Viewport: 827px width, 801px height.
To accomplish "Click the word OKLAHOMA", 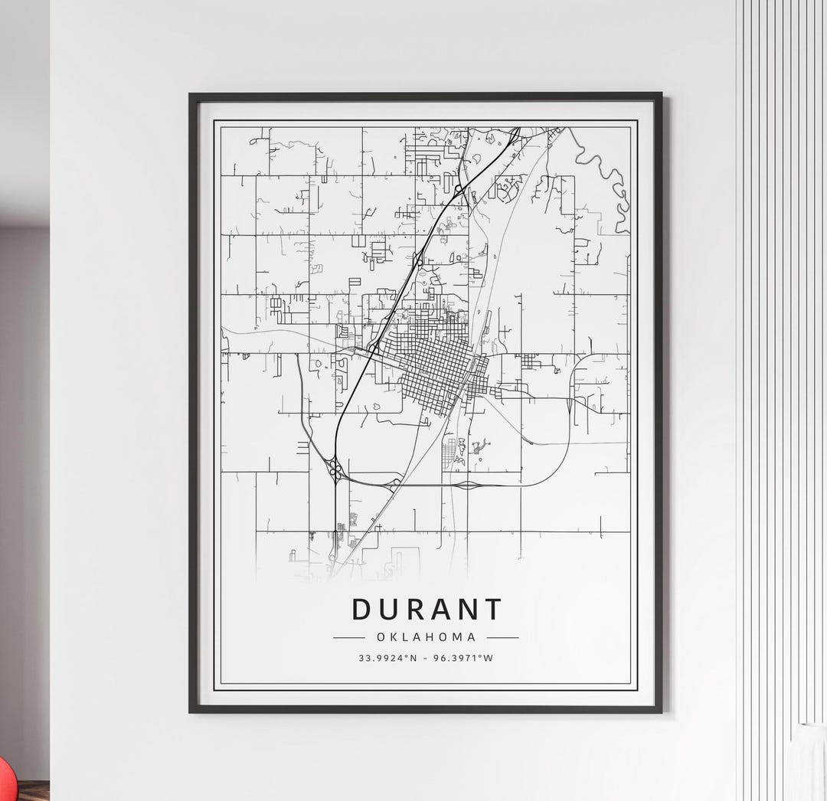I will [426, 637].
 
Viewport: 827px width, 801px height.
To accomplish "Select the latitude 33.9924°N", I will [387, 658].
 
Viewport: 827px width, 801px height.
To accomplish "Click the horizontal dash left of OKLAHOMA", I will [348, 637].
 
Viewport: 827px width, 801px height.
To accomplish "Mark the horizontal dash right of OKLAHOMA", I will [503, 637].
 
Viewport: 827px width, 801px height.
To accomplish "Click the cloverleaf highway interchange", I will [335, 469].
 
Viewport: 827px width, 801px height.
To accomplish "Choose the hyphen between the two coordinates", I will [426, 658].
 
